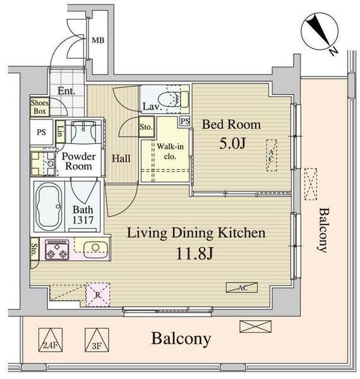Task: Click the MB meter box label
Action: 98,40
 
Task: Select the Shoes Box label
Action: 40,107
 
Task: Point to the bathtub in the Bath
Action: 49,207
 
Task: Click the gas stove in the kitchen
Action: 57,250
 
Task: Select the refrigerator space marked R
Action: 98,294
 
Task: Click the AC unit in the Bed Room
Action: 272,155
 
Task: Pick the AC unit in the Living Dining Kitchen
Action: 242,287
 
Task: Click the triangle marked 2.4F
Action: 51,340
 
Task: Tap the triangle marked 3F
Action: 97,340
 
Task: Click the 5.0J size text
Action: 232,143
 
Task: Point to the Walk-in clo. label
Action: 170,152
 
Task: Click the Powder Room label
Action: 78,161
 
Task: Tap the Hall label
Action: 121,159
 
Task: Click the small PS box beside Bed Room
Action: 185,121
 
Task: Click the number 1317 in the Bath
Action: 83,220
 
